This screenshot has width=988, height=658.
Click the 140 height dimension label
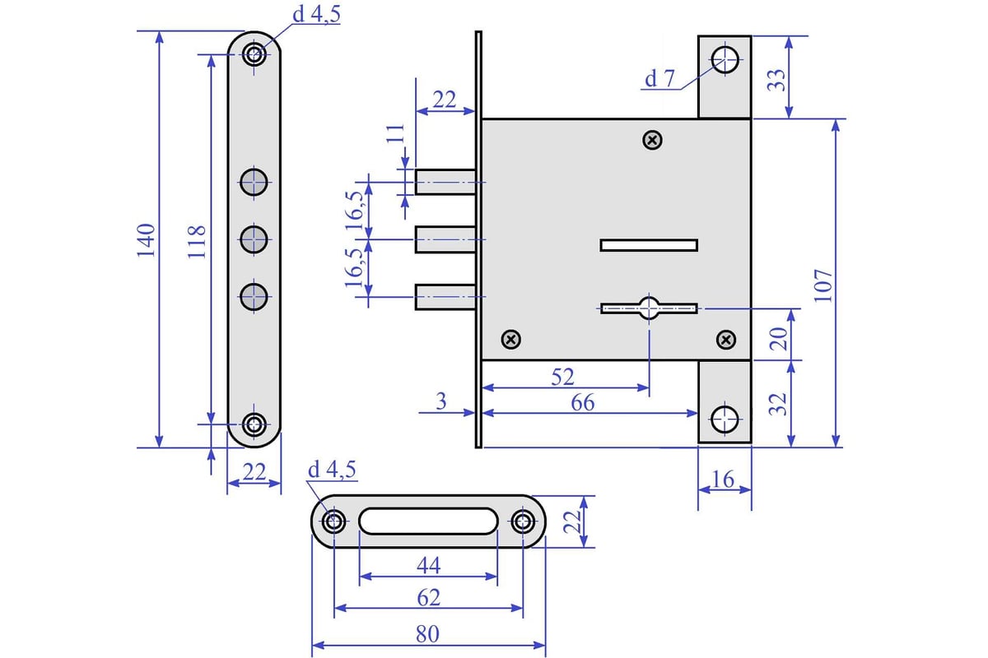146,239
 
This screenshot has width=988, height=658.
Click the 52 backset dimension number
562,376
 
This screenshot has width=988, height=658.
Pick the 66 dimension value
583,402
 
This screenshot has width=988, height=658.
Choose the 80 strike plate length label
428,635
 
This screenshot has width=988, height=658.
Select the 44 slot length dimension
428,566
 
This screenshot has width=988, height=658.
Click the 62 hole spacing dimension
428,597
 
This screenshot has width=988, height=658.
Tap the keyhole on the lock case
650,308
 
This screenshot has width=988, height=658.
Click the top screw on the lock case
652,141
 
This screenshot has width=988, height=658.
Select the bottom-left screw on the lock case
511,339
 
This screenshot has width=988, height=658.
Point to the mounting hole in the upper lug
725,59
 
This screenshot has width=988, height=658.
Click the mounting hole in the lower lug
725,418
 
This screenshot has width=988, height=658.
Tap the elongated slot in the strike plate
428,521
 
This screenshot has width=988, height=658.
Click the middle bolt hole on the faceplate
254,239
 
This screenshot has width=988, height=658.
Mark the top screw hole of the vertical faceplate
254,55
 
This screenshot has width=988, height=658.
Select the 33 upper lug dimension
776,78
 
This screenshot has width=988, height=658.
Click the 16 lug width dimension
725,479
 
